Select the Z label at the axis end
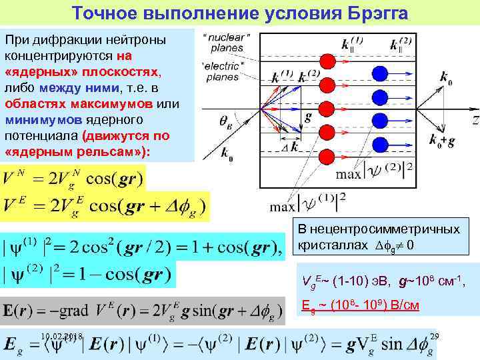coord(475,120)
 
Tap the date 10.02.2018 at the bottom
coord(62,337)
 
